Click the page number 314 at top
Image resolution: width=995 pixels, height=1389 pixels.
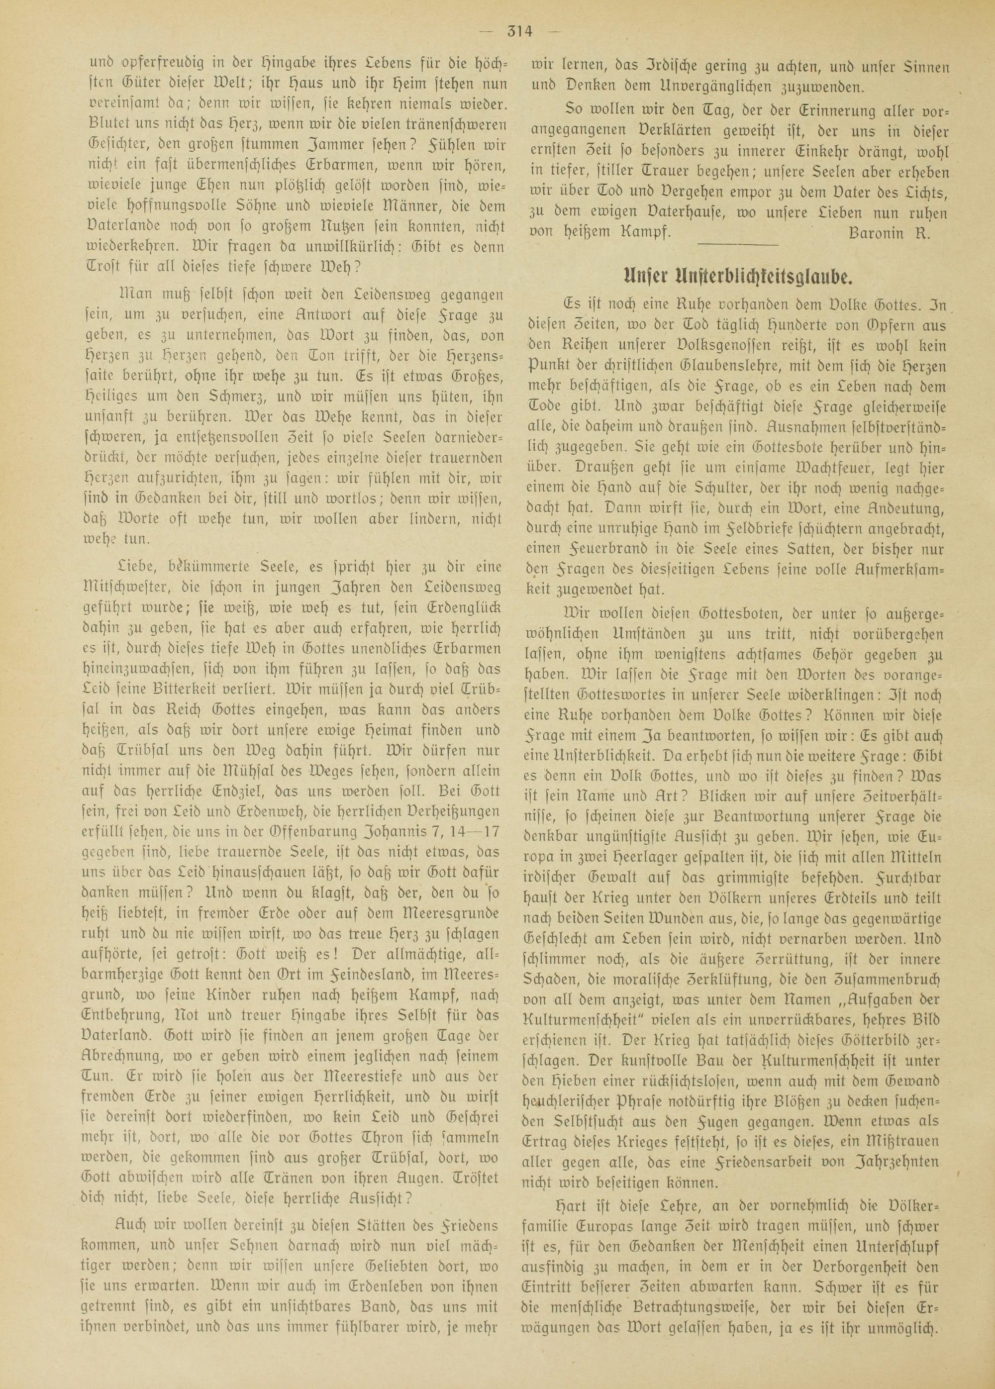(520, 31)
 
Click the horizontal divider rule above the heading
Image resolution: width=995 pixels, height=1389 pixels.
(737, 245)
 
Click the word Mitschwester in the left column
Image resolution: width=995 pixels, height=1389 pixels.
(138, 588)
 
